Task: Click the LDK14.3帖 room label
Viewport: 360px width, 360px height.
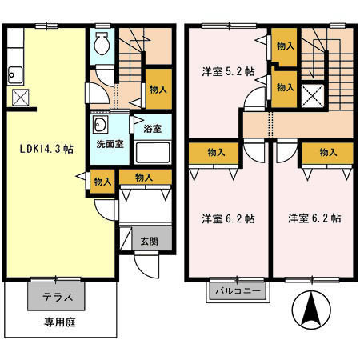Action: [x=41, y=150]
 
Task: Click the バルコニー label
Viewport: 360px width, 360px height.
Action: [x=238, y=292]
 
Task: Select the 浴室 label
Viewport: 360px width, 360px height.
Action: [x=153, y=127]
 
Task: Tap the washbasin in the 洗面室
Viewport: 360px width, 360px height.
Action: [x=101, y=126]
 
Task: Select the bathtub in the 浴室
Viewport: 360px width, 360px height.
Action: [x=152, y=151]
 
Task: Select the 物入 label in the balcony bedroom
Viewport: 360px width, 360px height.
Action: [x=214, y=151]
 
